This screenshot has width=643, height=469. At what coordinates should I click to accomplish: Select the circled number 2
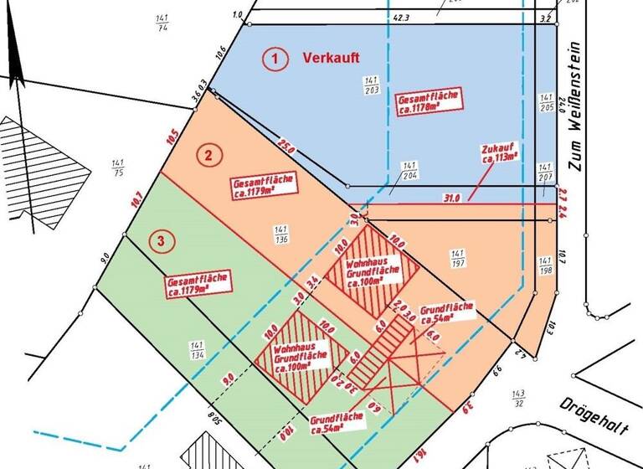point(208,154)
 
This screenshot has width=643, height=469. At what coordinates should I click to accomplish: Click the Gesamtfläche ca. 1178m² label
point(429,103)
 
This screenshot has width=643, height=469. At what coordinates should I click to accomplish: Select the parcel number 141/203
point(369,85)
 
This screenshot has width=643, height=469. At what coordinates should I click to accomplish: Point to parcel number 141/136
point(281,234)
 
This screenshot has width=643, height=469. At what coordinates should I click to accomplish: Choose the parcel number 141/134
point(198,349)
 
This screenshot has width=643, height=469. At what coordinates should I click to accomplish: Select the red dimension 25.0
point(287,151)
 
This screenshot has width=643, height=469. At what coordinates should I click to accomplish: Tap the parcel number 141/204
point(409,170)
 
